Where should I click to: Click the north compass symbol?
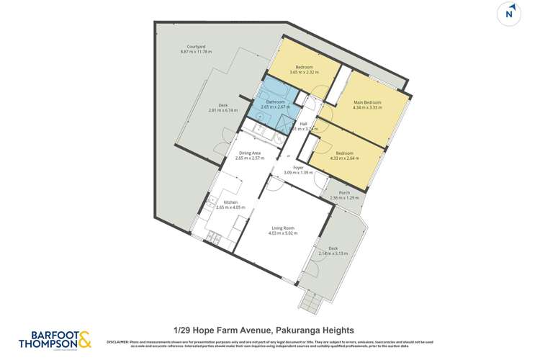(509, 13)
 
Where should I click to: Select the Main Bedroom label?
(367, 102)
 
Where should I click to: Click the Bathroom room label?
(276, 102)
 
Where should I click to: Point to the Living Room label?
(282, 228)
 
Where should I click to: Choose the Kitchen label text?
(230, 202)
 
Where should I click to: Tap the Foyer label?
(297, 168)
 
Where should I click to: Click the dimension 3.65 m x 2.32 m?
(305, 72)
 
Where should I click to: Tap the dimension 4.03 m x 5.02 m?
(282, 233)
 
